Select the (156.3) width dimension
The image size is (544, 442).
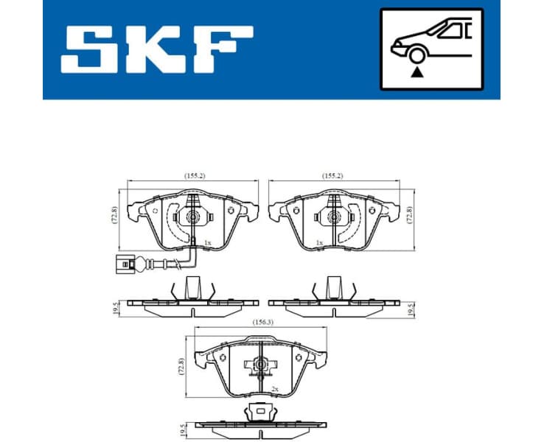[x=259, y=321]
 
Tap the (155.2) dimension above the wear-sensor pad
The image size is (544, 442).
[x=193, y=176]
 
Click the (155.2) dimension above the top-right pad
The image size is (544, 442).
[x=332, y=176]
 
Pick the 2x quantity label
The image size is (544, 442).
[x=273, y=388]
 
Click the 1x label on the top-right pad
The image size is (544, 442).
[x=319, y=242]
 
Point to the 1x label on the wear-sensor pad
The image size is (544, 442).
[x=207, y=242]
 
